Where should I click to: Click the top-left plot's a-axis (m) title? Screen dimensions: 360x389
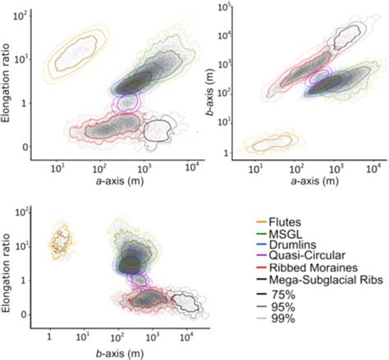point(121,180)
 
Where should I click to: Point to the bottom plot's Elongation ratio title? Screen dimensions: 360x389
point(8,262)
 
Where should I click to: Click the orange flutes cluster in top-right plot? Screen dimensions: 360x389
point(272,145)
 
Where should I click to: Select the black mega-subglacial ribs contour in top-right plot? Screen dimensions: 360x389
point(348,35)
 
